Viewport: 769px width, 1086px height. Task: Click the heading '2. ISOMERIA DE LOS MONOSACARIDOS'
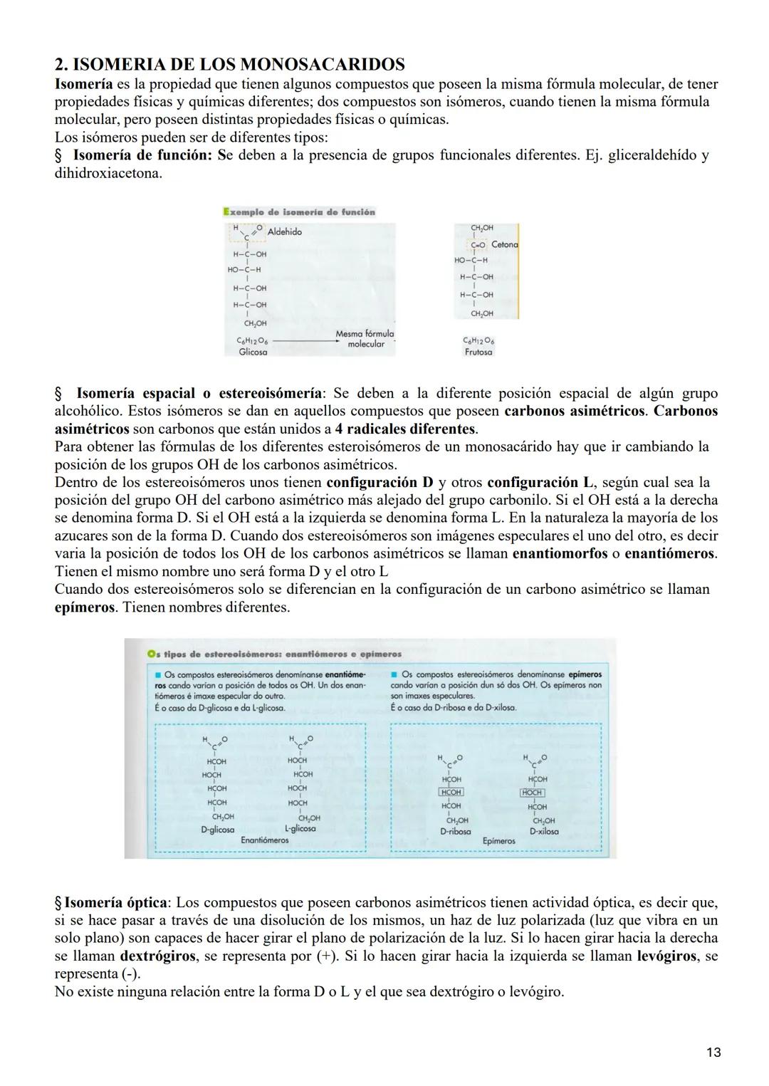pos(230,65)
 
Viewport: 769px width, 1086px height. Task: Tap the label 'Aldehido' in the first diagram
pos(285,232)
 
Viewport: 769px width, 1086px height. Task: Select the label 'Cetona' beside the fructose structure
pos(504,244)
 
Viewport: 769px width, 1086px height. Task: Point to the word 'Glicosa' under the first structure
pos(253,352)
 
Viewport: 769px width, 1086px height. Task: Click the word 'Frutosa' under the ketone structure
pos(478,352)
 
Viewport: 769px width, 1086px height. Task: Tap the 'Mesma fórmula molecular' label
pos(365,339)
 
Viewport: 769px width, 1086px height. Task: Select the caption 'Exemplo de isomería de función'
pos(299,212)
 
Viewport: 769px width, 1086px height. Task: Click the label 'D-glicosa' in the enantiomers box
pos(217,830)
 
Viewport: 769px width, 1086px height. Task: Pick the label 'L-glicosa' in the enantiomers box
pos(300,829)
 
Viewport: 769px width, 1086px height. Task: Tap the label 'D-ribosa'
pos(455,831)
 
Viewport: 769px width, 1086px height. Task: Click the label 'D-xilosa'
pos(544,831)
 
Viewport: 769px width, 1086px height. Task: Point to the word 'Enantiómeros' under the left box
pos(265,840)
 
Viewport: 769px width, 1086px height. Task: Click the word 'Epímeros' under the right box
pos(498,841)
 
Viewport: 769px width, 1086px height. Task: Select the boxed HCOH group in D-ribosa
pos(451,793)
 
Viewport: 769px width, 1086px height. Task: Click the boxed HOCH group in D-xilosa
pos(533,793)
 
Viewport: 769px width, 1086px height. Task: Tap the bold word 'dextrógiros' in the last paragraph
pos(157,956)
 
